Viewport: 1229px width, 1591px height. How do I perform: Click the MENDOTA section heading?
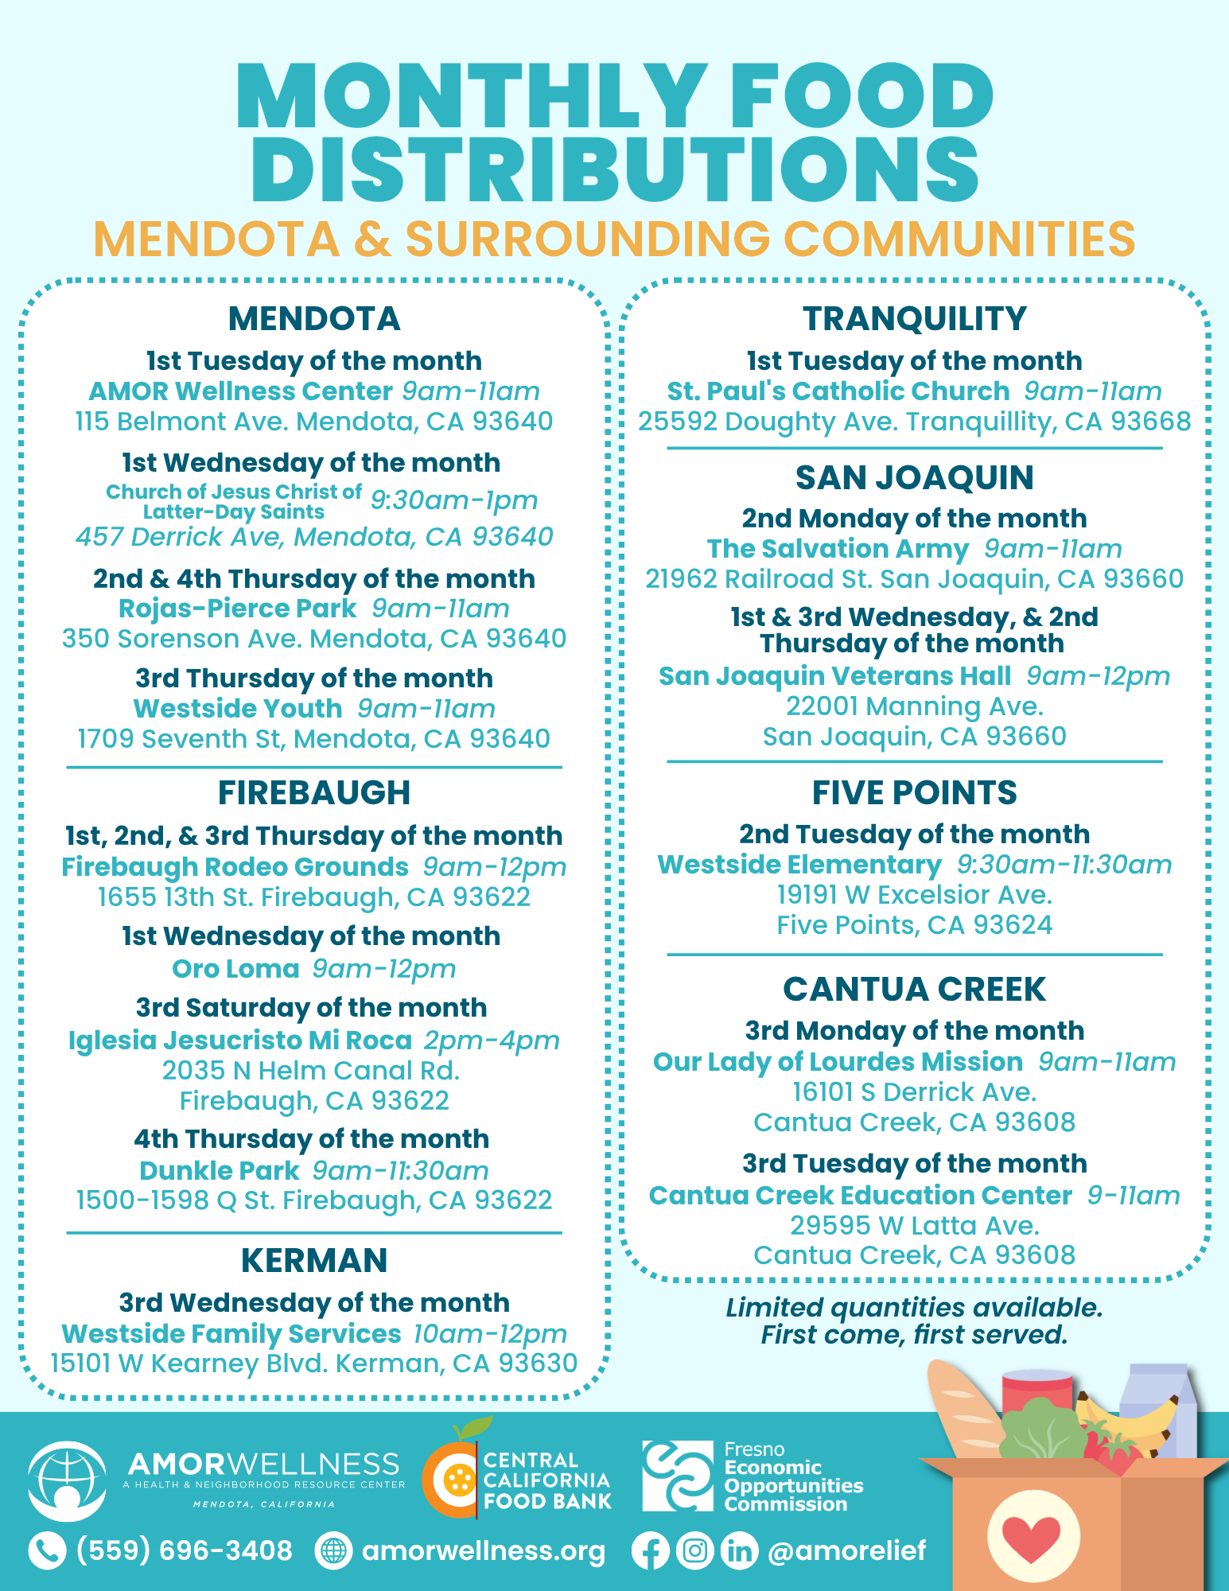pos(314,319)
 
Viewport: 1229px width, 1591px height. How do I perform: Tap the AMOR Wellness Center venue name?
pos(240,391)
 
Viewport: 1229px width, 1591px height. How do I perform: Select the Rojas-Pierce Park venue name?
pos(237,609)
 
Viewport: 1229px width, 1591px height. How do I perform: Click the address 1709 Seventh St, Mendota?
pos(313,739)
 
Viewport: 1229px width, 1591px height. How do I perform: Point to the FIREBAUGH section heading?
pos(314,793)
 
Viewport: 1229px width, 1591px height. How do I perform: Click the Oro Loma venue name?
pos(235,969)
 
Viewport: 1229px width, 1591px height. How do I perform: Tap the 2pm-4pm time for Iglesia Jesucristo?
pos(492,1041)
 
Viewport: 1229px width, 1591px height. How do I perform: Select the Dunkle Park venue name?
pos(220,1171)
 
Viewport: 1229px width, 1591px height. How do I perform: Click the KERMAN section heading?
pos(314,1261)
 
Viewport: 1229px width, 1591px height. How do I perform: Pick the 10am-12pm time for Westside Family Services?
pos(490,1334)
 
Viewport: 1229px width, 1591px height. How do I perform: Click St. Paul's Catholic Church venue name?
pos(838,391)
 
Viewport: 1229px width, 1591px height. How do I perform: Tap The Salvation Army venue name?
pos(838,549)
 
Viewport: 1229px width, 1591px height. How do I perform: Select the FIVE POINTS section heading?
pos(914,793)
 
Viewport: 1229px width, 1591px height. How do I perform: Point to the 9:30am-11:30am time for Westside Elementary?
pos(1064,865)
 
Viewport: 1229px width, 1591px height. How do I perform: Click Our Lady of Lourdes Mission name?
pos(838,1062)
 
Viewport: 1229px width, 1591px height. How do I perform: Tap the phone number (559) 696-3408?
pos(185,1550)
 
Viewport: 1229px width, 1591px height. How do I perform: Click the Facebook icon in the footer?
pos(650,1551)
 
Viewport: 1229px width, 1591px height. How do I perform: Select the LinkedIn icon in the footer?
pos(739,1551)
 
